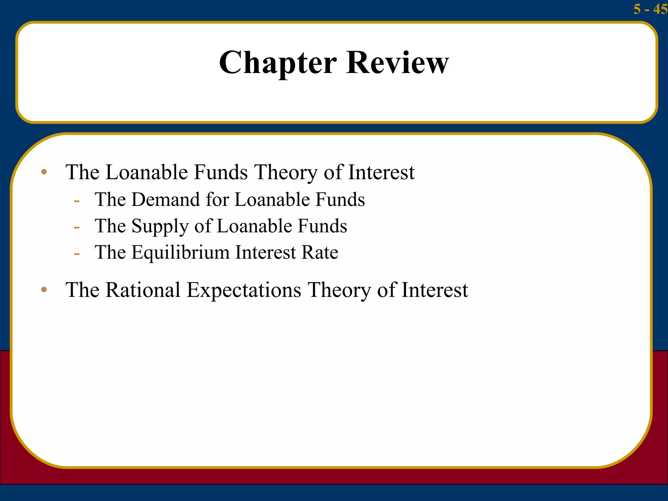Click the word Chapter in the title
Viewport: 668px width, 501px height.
tap(278, 63)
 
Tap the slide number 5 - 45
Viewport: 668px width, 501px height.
tap(650, 9)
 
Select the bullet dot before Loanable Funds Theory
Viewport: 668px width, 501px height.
tap(44, 172)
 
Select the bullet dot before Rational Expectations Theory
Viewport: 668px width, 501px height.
tap(44, 290)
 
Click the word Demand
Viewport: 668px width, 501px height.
tap(166, 200)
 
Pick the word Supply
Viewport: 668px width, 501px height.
tap(160, 226)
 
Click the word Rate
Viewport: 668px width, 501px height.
tap(320, 252)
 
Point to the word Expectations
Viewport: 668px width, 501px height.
tap(244, 290)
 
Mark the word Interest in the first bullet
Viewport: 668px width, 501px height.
tap(381, 172)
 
